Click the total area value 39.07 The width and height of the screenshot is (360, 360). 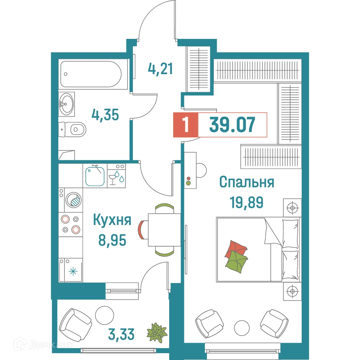click(232, 125)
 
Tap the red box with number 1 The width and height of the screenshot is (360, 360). click(186, 125)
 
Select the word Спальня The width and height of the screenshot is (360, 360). click(247, 182)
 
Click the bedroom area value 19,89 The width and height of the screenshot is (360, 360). click(247, 202)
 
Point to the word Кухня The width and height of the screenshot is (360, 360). click(112, 220)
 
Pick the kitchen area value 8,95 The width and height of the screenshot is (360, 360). click(112, 240)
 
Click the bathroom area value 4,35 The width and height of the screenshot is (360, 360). click(105, 115)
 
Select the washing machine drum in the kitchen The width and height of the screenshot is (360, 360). click(73, 200)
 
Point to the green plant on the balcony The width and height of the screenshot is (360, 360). click(157, 332)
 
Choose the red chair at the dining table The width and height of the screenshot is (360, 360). click(141, 230)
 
